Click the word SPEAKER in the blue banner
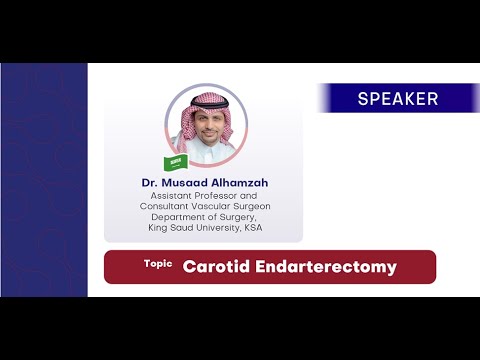coord(397,99)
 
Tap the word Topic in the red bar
coord(158,264)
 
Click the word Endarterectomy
coord(328,267)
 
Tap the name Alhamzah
coord(237,183)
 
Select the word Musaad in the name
coord(185,183)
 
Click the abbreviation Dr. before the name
coord(153,183)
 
